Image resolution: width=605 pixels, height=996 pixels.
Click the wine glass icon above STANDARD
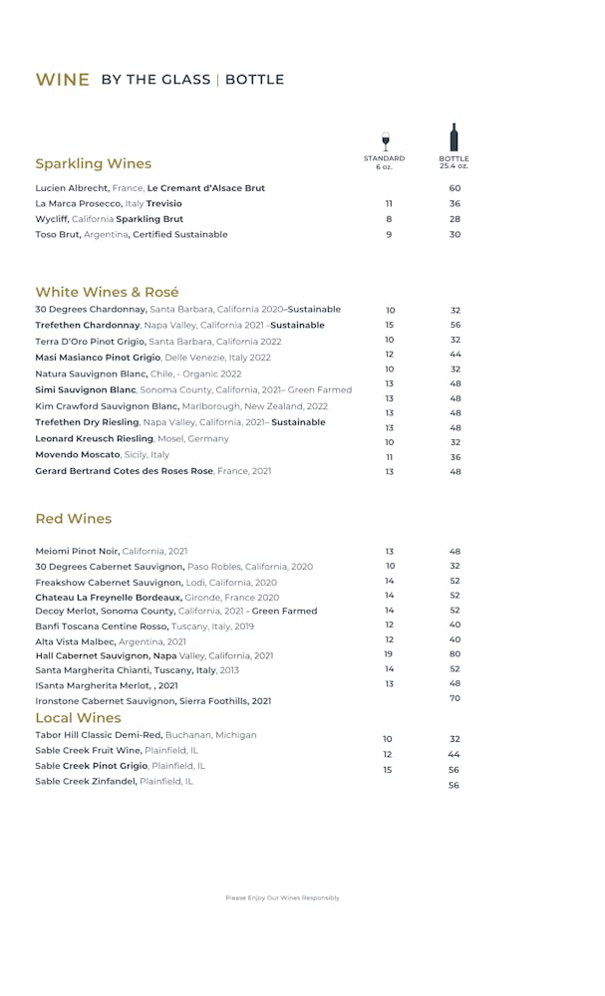tap(386, 141)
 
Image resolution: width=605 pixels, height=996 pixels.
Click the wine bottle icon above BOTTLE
tap(454, 137)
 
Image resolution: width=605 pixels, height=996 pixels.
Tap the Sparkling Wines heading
tap(94, 163)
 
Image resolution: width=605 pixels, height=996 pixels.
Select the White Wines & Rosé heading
tap(107, 292)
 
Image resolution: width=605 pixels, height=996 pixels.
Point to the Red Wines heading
tap(74, 519)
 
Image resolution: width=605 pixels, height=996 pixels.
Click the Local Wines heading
tap(78, 718)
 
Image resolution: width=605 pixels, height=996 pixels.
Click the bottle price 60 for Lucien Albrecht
tap(454, 188)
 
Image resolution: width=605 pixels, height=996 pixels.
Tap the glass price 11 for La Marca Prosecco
tap(389, 203)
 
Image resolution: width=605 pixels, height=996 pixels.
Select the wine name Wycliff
tap(52, 219)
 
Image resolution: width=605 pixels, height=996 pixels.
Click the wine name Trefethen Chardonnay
tap(88, 326)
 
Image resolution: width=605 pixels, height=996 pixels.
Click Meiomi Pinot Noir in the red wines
tap(77, 551)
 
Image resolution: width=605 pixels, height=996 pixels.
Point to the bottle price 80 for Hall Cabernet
tap(454, 654)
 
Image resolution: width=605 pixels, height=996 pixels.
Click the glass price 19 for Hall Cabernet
tap(389, 654)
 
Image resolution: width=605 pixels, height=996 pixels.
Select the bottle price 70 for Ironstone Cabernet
tap(454, 699)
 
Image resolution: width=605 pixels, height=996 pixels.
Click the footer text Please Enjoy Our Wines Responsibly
tap(282, 898)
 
